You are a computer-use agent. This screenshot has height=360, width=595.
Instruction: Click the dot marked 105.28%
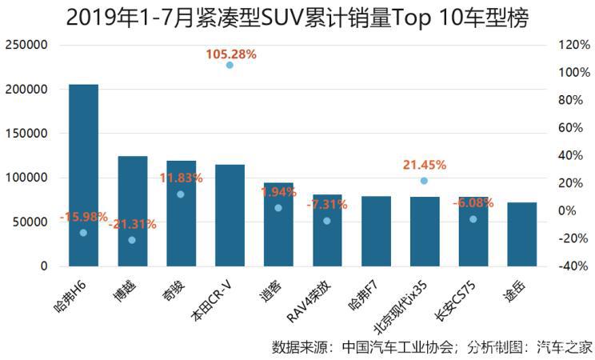pos(230,65)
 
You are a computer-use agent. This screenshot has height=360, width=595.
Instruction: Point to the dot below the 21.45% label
pos(424,181)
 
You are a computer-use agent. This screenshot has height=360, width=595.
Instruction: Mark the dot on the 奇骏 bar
pos(181,194)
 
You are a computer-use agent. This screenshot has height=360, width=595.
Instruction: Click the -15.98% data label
pos(83,217)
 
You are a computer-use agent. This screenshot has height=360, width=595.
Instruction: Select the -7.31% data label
pos(327,205)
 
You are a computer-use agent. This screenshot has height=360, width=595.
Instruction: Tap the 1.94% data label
pos(278,192)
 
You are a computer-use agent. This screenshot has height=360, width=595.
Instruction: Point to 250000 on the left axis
pos(26,46)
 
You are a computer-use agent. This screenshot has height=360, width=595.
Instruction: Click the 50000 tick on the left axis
pos(30,222)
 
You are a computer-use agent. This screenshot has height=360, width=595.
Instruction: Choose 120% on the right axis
pos(573,46)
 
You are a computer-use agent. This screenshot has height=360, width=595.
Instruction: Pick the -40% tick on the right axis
pos(573,266)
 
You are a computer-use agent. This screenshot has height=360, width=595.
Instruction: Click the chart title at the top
pos(297,18)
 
